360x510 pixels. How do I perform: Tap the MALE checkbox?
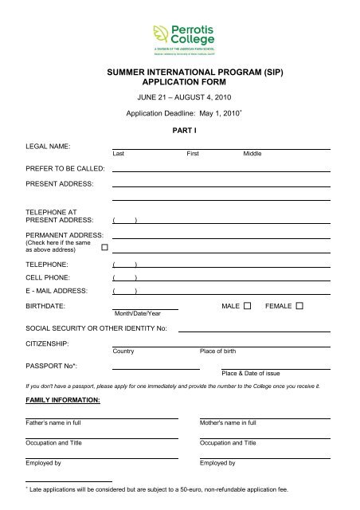coord(247,306)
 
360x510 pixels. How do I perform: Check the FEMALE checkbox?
coord(299,306)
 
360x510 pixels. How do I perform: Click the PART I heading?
coord(185,128)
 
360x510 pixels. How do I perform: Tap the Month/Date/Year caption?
coord(137,314)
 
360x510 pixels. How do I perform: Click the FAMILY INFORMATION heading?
coord(63,398)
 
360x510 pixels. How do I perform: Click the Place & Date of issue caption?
coord(250,373)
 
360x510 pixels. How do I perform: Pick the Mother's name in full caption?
coord(228,422)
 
